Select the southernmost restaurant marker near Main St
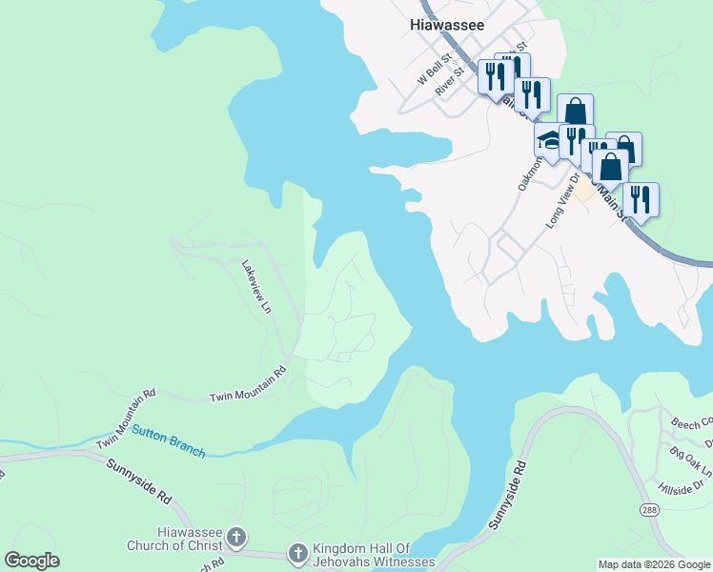(x=641, y=199)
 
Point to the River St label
(x=449, y=80)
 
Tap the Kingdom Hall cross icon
(x=297, y=553)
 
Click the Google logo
(x=31, y=561)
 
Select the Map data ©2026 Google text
(x=654, y=564)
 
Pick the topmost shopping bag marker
(x=575, y=110)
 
